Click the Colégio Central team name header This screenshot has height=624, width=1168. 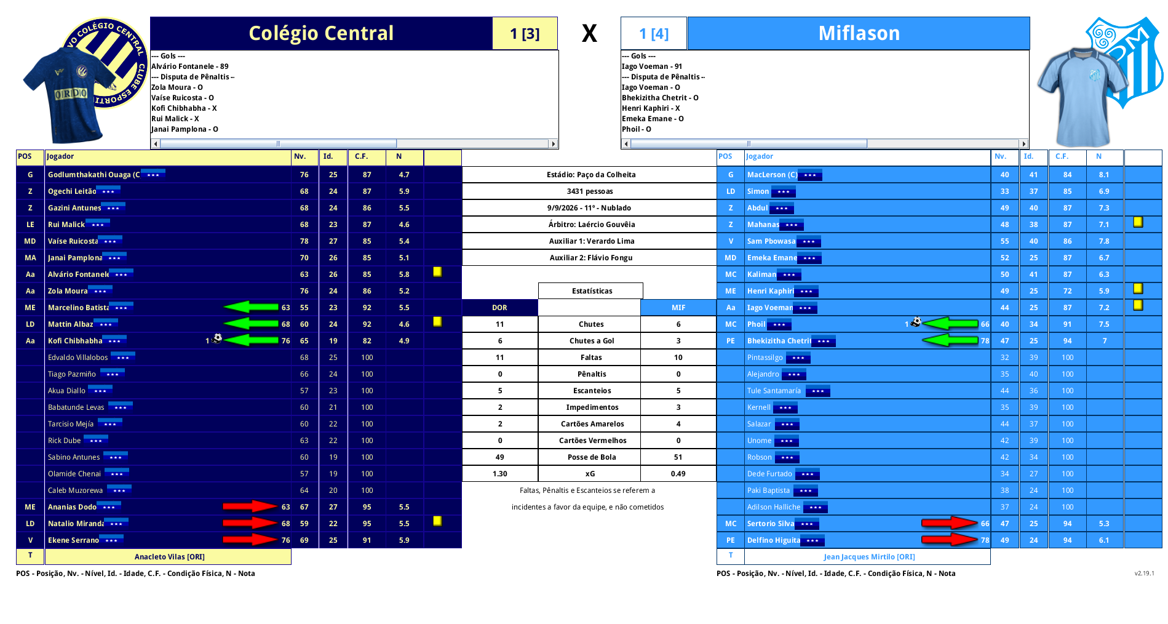pyautogui.click(x=321, y=33)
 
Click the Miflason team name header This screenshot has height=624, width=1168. pyautogui.click(x=859, y=33)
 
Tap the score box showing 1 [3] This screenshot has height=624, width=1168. pyautogui.click(x=525, y=33)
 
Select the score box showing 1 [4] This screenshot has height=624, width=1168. pyautogui.click(x=654, y=33)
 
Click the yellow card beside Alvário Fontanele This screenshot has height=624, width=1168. pyautogui.click(x=437, y=271)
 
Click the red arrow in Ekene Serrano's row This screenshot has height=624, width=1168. pyautogui.click(x=250, y=540)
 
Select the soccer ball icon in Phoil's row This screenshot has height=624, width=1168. pyautogui.click(x=916, y=322)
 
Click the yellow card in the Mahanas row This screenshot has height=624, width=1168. pyautogui.click(x=1138, y=222)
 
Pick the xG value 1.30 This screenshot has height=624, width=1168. pyautogui.click(x=500, y=474)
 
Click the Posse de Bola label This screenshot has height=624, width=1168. pyautogui.click(x=592, y=457)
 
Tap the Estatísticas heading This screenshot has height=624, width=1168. pyautogui.click(x=592, y=291)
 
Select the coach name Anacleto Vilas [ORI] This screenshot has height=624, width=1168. pyautogui.click(x=170, y=557)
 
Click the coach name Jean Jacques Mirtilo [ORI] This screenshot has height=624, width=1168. pyautogui.click(x=869, y=557)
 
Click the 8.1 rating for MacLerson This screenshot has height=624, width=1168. pyautogui.click(x=1104, y=175)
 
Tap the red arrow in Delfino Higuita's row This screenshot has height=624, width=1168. pyautogui.click(x=949, y=540)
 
